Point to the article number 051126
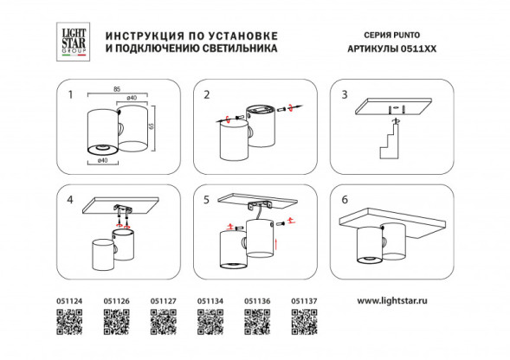coord(116,301)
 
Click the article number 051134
coord(210,301)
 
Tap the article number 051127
coord(164,301)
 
